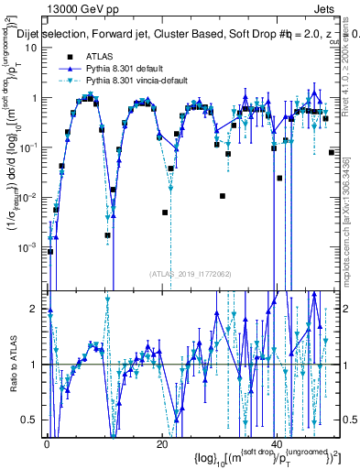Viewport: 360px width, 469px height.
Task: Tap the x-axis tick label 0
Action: [48, 442]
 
